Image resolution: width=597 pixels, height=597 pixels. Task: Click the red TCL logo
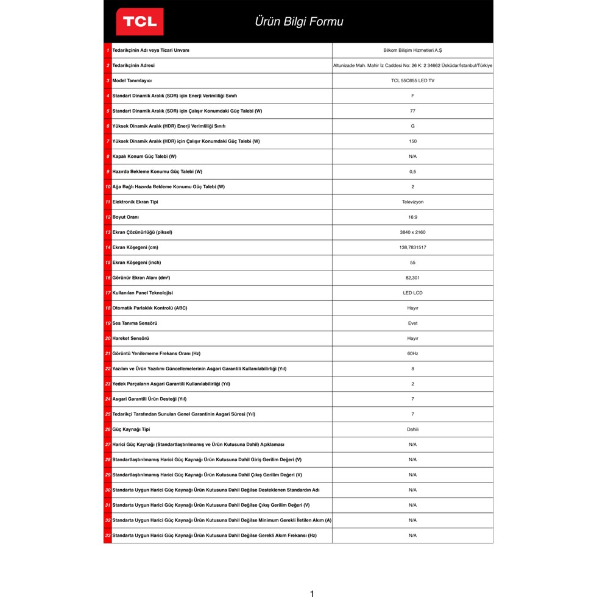pos(140,22)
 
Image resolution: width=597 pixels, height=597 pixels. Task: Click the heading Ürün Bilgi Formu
pos(298,22)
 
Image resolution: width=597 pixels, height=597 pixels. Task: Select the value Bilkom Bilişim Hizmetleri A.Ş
pos(412,51)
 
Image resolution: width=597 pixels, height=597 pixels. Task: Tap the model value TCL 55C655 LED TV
pos(412,80)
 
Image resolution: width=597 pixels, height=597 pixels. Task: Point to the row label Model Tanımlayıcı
pos(132,80)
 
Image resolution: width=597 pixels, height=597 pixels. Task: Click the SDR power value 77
pos(412,111)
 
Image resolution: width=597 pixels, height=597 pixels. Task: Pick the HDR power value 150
pos(412,141)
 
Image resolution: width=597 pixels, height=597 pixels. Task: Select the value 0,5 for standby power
pos(412,172)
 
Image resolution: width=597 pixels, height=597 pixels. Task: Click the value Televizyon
pos(412,202)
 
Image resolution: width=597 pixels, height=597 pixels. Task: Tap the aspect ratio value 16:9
pos(412,217)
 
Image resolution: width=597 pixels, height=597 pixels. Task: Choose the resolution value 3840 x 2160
pos(412,232)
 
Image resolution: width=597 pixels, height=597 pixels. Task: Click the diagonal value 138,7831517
pos(412,247)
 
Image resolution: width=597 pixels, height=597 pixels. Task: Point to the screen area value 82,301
pos(412,278)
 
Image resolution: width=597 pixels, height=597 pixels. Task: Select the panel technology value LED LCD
pos(412,293)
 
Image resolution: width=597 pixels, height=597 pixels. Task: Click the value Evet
pos(412,323)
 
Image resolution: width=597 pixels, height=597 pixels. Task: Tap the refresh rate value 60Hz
pos(412,353)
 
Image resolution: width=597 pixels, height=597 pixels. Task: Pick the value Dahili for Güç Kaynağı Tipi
pos(412,429)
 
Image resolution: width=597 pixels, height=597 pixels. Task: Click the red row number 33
pos(108,535)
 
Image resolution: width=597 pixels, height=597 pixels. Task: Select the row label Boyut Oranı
pos(125,217)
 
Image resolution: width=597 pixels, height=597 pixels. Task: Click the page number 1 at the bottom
pos(312,593)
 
